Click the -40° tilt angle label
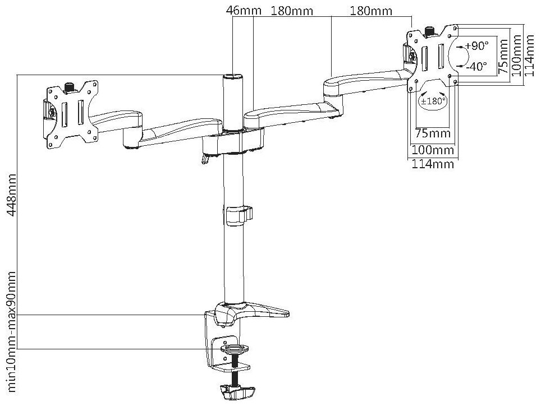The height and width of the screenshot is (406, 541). (476, 66)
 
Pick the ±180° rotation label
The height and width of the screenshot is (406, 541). (433, 101)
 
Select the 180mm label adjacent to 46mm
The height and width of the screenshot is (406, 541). (292, 11)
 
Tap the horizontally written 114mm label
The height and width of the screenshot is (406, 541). (432, 164)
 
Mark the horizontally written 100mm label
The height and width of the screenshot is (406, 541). (432, 150)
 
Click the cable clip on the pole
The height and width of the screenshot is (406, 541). (240, 215)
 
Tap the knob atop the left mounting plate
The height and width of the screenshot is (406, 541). (70, 87)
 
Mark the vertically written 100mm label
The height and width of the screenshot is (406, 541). (517, 55)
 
